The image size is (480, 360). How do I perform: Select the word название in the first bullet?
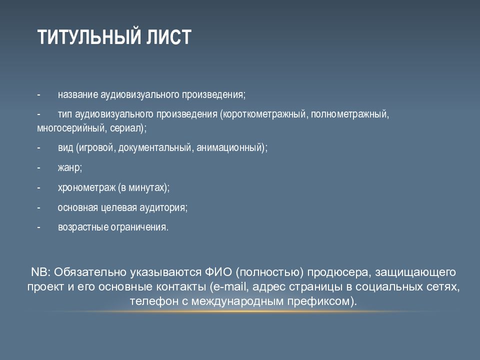coord(78,94)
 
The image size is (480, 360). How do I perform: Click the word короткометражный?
coord(265,114)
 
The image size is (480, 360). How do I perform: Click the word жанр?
coord(69,168)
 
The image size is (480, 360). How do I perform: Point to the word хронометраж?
coord(86,187)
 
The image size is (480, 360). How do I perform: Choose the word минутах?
coord(146,187)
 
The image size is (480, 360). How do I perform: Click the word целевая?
coord(119,208)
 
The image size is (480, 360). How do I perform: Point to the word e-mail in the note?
coord(229,286)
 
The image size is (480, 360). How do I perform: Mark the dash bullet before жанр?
coord(39,168)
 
